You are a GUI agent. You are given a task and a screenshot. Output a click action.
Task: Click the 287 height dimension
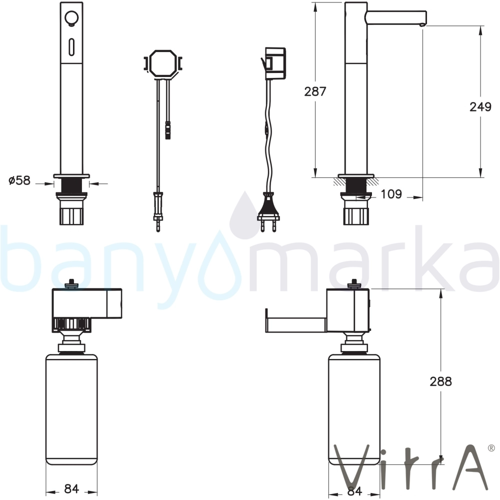[315, 91]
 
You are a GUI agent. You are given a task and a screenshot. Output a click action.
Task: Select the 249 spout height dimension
[480, 107]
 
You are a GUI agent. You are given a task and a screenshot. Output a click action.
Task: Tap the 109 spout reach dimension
[391, 194]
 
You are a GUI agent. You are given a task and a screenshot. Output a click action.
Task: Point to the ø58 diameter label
[19, 180]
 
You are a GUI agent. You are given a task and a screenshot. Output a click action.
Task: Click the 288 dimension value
[440, 381]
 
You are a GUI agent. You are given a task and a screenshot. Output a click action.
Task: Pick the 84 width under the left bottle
[71, 488]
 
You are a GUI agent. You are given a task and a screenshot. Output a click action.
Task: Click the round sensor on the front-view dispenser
[71, 17]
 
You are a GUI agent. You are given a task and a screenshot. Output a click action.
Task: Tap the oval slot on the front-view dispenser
[71, 46]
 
